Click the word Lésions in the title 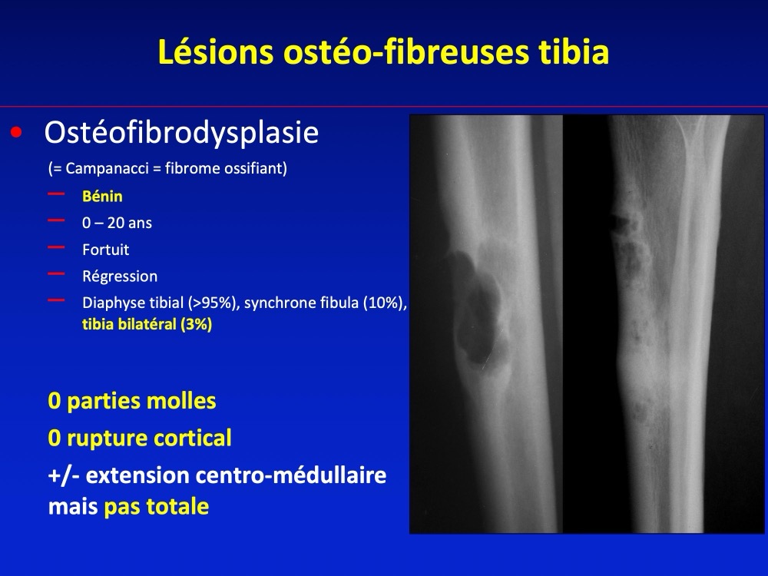coord(216,52)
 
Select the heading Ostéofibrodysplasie coord(181,132)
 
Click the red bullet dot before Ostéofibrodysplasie coord(17,132)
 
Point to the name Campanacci coord(105,168)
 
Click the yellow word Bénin coord(102,197)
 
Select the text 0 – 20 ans coord(117,223)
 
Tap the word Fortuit coord(106,250)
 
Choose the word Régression coord(120,276)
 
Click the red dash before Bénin coord(56,194)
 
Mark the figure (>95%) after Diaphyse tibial coord(213,303)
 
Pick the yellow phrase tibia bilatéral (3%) coord(147,324)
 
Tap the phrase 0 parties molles coord(132,401)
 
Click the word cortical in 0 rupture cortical coord(198,438)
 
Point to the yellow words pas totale coord(156,507)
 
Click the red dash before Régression coord(56,274)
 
